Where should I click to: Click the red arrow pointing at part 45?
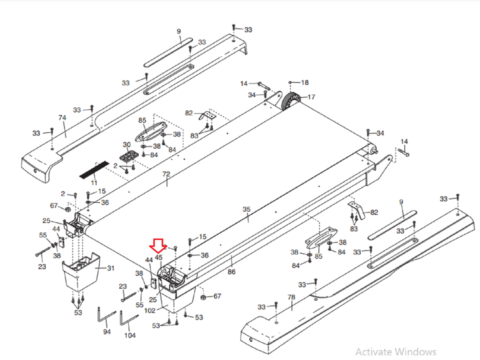point(158,245)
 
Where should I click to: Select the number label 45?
point(158,257)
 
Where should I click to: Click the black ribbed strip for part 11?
point(93,169)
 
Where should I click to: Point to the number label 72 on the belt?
point(166,174)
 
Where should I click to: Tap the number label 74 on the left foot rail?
point(62,118)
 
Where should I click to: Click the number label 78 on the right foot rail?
point(291,297)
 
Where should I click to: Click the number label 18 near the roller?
point(304,82)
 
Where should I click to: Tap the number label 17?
point(311,97)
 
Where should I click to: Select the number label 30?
point(126,144)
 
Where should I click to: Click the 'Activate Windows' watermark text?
point(395,351)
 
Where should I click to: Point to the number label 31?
point(110,268)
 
